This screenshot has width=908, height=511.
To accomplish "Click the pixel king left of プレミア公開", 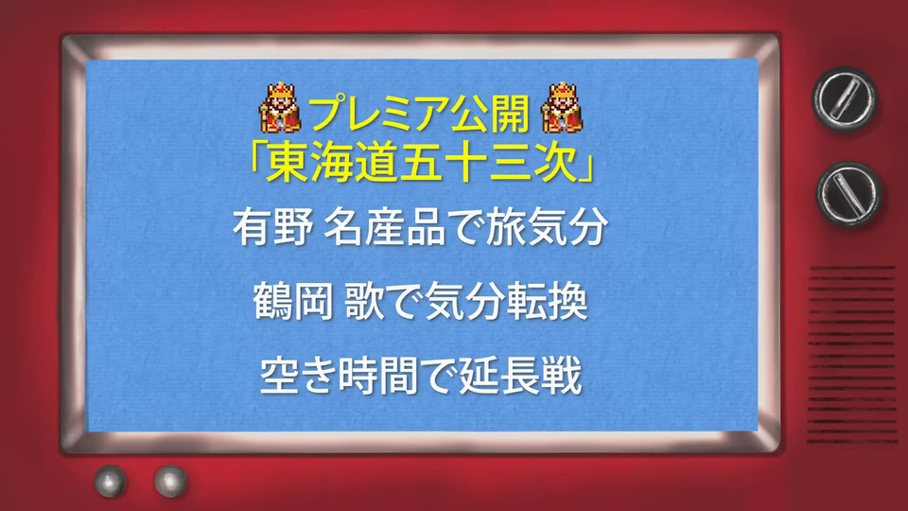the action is click(280, 108).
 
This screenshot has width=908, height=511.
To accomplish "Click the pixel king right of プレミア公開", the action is click(562, 108).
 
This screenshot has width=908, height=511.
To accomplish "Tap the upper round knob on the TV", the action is click(845, 98).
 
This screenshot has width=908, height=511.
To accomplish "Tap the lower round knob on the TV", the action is click(849, 194).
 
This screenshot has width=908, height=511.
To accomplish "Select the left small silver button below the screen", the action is click(111, 481).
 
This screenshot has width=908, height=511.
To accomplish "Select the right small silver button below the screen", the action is click(171, 481).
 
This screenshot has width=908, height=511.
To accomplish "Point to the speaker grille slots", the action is click(852, 355).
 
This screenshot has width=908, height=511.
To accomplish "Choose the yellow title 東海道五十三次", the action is click(423, 163).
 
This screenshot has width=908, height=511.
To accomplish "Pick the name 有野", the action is click(273, 228).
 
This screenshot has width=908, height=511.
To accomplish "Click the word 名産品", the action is click(385, 228).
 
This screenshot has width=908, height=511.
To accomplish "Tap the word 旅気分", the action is click(547, 228).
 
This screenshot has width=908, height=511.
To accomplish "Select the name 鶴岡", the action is click(293, 302).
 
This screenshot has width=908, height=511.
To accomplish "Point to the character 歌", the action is click(364, 302).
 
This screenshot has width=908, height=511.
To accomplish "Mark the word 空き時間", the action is click(339, 377).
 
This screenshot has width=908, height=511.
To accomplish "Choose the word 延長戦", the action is click(520, 377).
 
